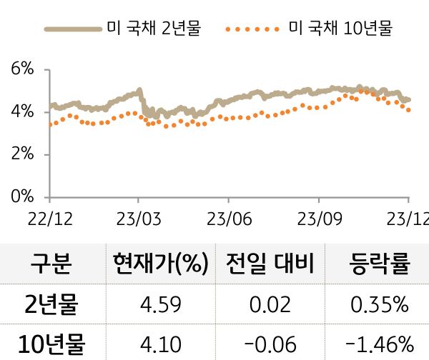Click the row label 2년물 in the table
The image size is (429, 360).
[x=51, y=305]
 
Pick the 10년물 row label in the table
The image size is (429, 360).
[x=51, y=344]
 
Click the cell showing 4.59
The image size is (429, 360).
[x=160, y=305]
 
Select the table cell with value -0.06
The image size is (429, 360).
[x=270, y=344]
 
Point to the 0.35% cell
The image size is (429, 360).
[x=380, y=305]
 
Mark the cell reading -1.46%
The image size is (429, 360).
[x=380, y=344]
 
